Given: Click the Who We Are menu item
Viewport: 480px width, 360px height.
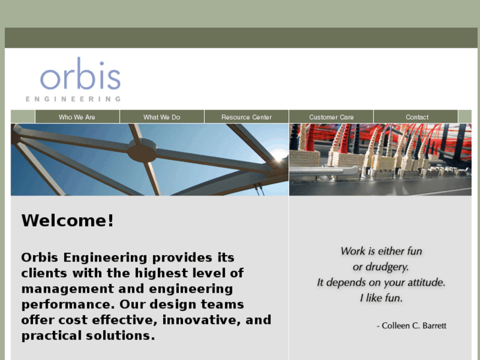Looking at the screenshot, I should pos(77,117).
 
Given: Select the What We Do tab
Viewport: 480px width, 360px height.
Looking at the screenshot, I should pos(162,117).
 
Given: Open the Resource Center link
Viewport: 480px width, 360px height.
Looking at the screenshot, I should pos(246,117).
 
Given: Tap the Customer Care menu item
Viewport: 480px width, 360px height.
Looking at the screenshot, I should pos(331,117).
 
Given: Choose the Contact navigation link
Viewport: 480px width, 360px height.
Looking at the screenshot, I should pos(417,117).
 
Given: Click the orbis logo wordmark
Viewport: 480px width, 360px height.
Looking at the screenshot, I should pos(80,77).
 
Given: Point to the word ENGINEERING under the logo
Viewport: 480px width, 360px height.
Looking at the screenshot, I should pos(73,99).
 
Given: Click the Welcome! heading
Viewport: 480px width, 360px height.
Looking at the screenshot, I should pos(67,221).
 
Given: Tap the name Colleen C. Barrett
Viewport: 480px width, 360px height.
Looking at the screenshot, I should pos(414,326).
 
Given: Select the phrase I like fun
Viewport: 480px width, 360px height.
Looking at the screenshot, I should pos(381,298).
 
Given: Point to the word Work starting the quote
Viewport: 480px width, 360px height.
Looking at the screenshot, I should pos(353,251).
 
